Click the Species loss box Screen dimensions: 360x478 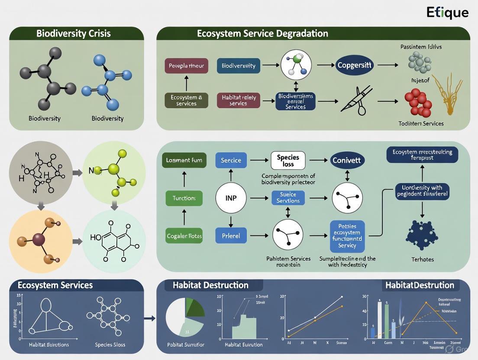[x=288, y=161]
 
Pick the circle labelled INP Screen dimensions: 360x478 [x=231, y=198]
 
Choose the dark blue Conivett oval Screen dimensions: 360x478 [x=347, y=161]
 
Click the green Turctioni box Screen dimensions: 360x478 [x=184, y=198]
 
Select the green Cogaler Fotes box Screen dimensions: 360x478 [x=184, y=236]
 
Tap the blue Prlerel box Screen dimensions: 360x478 [x=231, y=236]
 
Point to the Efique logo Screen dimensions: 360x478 [x=447, y=12]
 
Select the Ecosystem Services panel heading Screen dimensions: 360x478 [x=55, y=285]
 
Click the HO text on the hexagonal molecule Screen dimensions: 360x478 [x=96, y=238]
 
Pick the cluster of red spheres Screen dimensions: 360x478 [x=419, y=103]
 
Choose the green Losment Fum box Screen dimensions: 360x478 [x=184, y=160]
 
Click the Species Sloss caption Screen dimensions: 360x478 [x=110, y=345]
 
